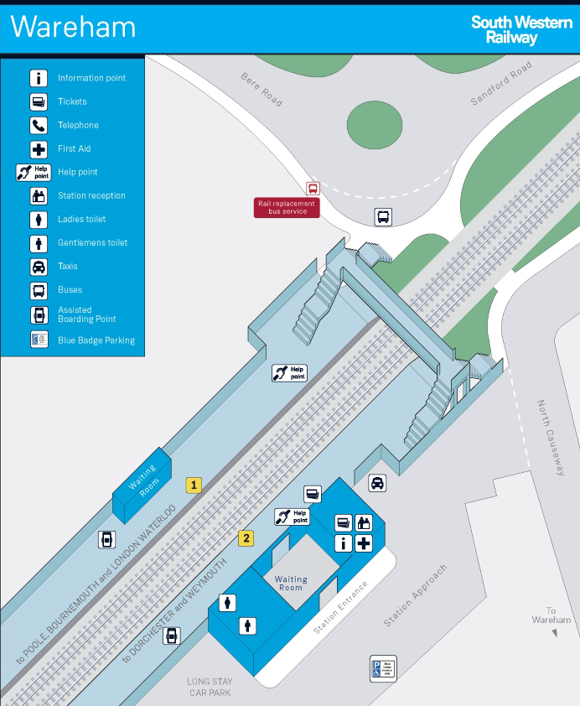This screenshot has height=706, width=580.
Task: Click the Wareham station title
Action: pyautogui.click(x=73, y=27)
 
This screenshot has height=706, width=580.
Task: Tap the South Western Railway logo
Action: pyautogui.click(x=520, y=29)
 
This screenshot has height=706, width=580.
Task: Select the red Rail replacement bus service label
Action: pyautogui.click(x=287, y=207)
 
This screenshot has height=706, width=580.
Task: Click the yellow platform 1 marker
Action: pyautogui.click(x=194, y=485)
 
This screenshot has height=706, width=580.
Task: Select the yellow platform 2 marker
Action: pyautogui.click(x=246, y=538)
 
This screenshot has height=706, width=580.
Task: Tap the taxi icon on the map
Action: pyautogui.click(x=378, y=483)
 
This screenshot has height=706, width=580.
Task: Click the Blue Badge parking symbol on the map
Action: pyautogui.click(x=383, y=668)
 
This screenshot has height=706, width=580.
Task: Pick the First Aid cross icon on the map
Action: pyautogui.click(x=364, y=543)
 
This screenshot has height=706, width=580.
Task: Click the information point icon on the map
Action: pyautogui.click(x=343, y=543)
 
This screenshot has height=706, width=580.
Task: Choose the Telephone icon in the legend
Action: pyautogui.click(x=39, y=125)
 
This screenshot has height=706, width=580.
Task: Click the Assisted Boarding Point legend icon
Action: pyautogui.click(x=39, y=315)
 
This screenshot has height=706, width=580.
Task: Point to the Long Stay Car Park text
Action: pyautogui.click(x=210, y=687)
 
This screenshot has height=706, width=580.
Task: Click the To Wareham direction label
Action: pyautogui.click(x=551, y=615)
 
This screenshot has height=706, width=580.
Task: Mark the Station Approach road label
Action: pyautogui.click(x=416, y=595)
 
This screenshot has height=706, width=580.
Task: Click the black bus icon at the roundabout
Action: pyautogui.click(x=383, y=217)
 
